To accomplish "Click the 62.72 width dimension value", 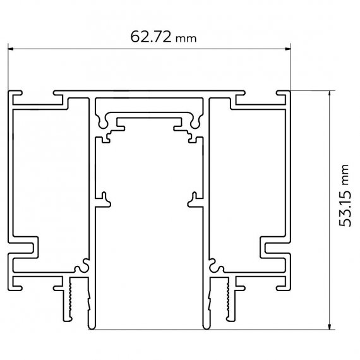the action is pyautogui.click(x=151, y=37).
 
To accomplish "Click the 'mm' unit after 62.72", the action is pyautogui.click(x=186, y=39).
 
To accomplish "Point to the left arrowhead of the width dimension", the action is pyautogui.click(x=11, y=49).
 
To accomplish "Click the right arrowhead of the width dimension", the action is pyautogui.click(x=287, y=49).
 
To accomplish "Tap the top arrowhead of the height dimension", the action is pyautogui.click(x=330, y=93).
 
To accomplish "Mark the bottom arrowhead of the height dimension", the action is pyautogui.click(x=330, y=327).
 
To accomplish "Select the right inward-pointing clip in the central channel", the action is pyautogui.click(x=195, y=200).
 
